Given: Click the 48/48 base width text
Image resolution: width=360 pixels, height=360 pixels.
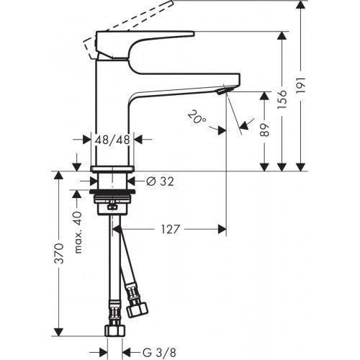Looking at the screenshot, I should tap(112, 140).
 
